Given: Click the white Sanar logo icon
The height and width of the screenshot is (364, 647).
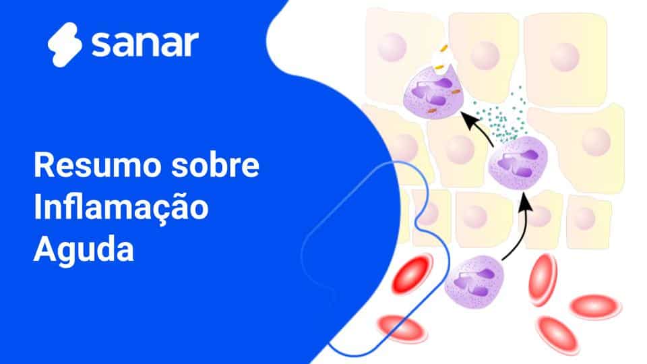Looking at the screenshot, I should pyautogui.click(x=65, y=44).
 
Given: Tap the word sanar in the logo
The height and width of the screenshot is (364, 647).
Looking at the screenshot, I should pyautogui.click(x=145, y=44).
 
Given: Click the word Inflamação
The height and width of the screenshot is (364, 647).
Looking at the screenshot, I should pyautogui.click(x=121, y=208).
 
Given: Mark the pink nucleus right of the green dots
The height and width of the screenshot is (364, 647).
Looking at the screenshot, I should pyautogui.click(x=596, y=142).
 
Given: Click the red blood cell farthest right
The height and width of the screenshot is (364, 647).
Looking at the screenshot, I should pyautogui.click(x=596, y=307).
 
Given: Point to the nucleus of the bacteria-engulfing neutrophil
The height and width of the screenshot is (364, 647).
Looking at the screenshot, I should pyautogui.click(x=431, y=91).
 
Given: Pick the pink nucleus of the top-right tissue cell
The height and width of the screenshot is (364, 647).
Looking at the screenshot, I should pyautogui.click(x=564, y=57).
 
